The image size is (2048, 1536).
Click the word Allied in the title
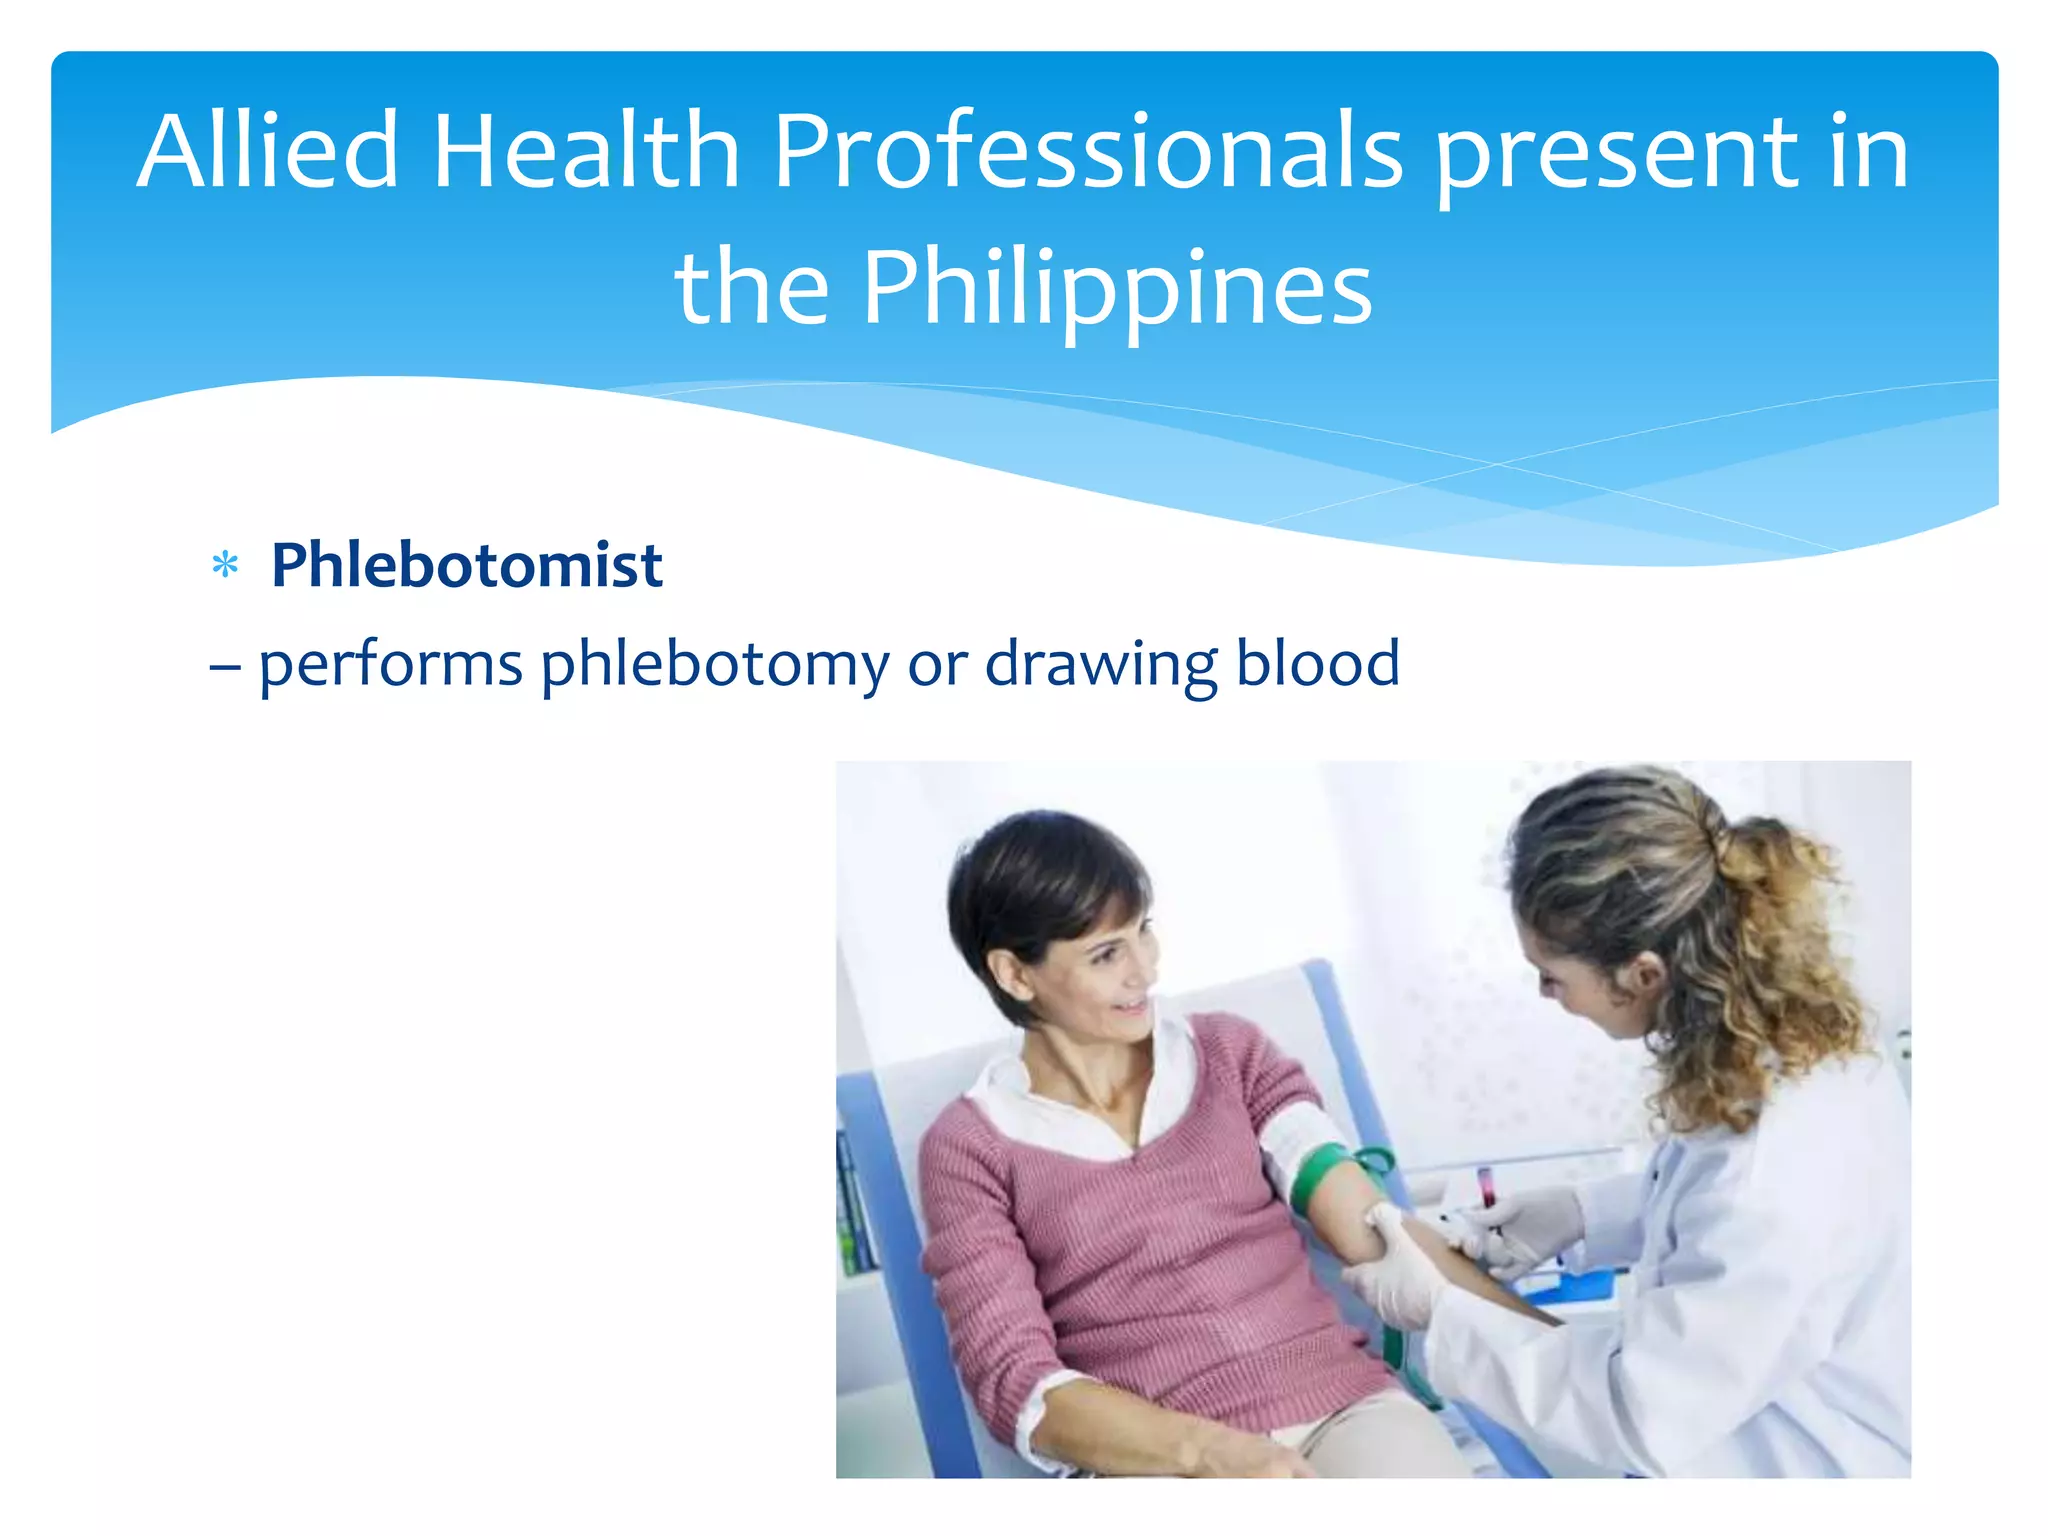click(x=268, y=152)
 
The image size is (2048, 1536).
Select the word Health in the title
click(x=585, y=152)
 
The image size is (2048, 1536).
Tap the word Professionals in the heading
click(x=1088, y=152)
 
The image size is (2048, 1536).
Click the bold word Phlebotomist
click(x=466, y=566)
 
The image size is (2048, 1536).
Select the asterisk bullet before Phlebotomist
click(x=225, y=566)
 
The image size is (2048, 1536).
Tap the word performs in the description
click(x=390, y=666)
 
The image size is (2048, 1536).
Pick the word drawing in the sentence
click(x=1100, y=666)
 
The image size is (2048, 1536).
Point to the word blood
click(x=1317, y=664)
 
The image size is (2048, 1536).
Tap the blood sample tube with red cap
click(x=1487, y=1188)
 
